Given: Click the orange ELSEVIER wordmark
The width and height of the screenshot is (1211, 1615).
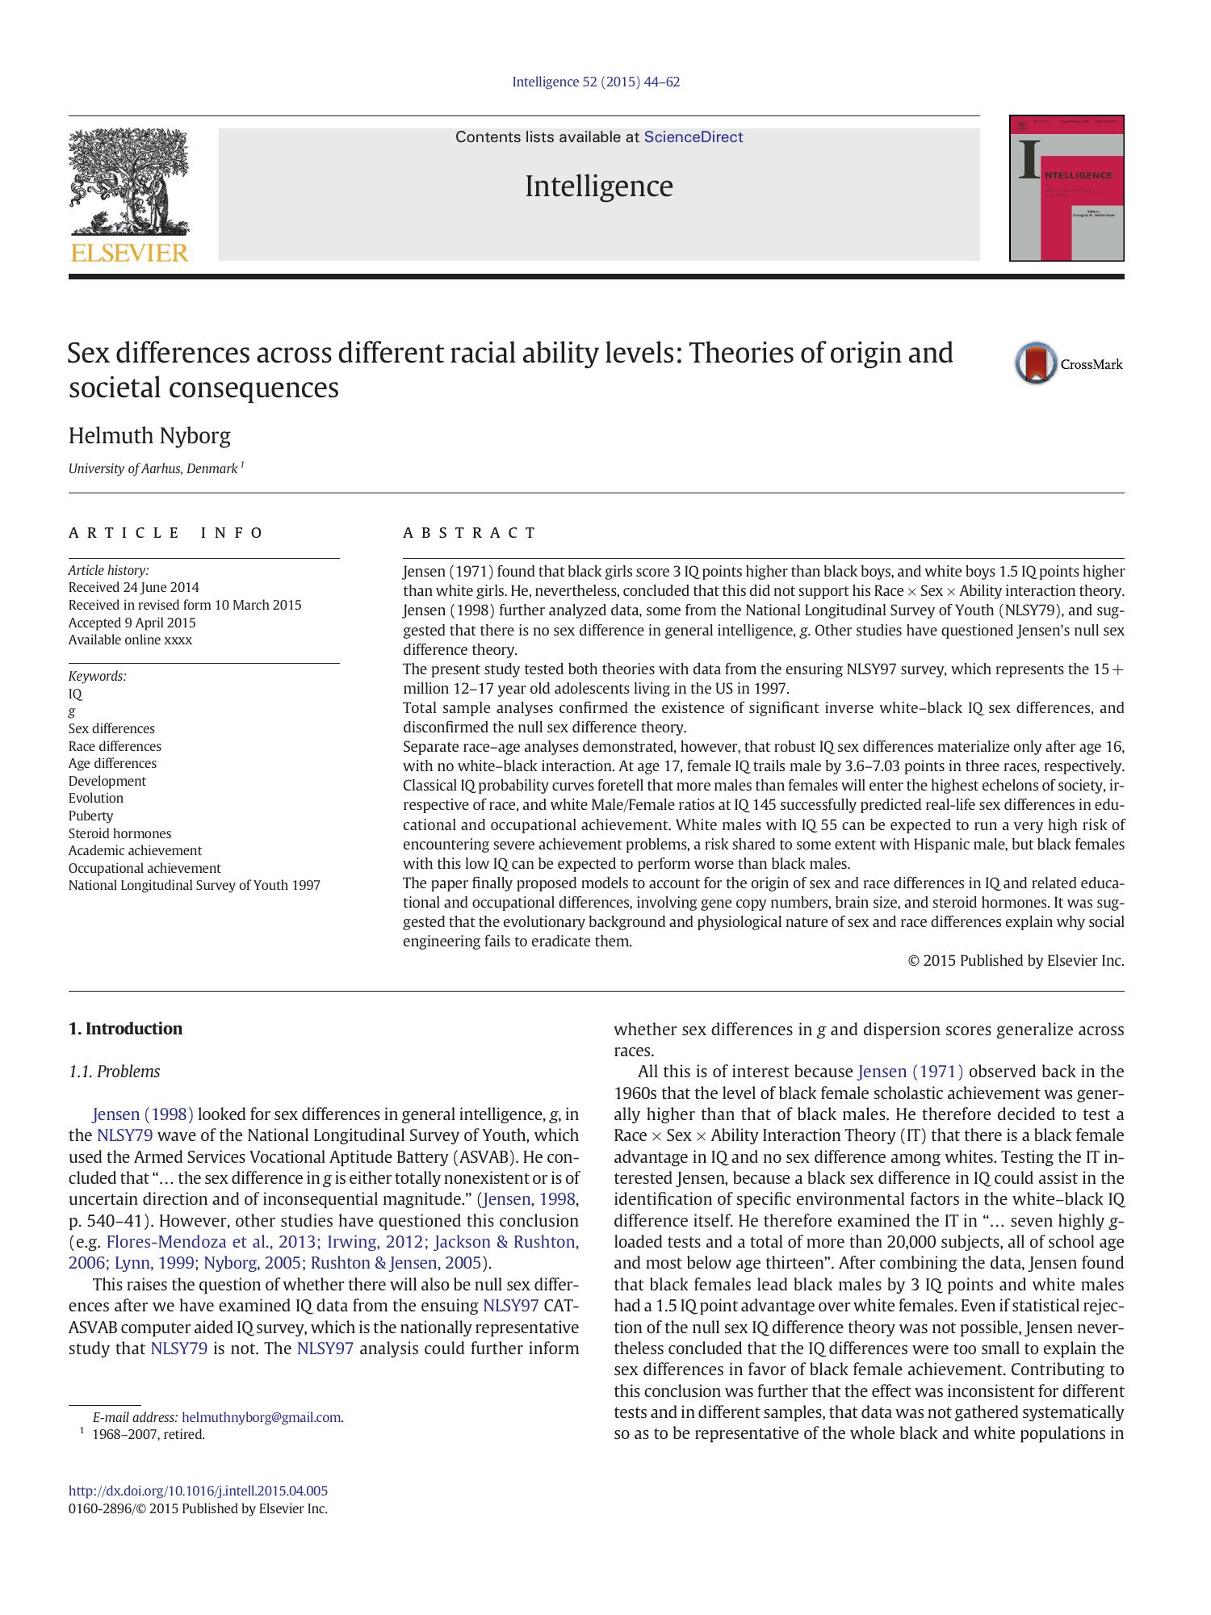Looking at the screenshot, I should pyautogui.click(x=129, y=253).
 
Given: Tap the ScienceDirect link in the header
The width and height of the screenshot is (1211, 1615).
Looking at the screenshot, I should pyautogui.click(x=693, y=137).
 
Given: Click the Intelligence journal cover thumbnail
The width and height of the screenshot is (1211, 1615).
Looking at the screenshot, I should pyautogui.click(x=1066, y=188).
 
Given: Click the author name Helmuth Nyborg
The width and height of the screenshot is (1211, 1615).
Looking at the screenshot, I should pyautogui.click(x=149, y=436).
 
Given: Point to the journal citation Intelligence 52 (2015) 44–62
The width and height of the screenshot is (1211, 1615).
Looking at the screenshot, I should pyautogui.click(x=596, y=82).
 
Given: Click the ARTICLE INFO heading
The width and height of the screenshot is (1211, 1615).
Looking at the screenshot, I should pyautogui.click(x=166, y=533).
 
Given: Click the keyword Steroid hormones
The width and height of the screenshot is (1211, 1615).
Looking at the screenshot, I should pyautogui.click(x=119, y=833).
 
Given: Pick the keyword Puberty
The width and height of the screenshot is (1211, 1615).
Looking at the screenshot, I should pyautogui.click(x=90, y=816).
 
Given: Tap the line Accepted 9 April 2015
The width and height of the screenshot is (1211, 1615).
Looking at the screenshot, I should pyautogui.click(x=132, y=623).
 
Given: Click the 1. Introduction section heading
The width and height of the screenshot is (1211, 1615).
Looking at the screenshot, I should pyautogui.click(x=125, y=1029).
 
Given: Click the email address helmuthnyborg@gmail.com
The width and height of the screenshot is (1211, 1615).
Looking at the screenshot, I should pyautogui.click(x=261, y=1417).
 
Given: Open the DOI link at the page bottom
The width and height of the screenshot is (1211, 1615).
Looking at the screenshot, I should pyautogui.click(x=198, y=1491).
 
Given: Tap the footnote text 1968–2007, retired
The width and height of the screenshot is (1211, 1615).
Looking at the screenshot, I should pyautogui.click(x=149, y=1435).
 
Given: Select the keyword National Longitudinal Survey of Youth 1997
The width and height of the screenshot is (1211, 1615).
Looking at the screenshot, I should pyautogui.click(x=194, y=885).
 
